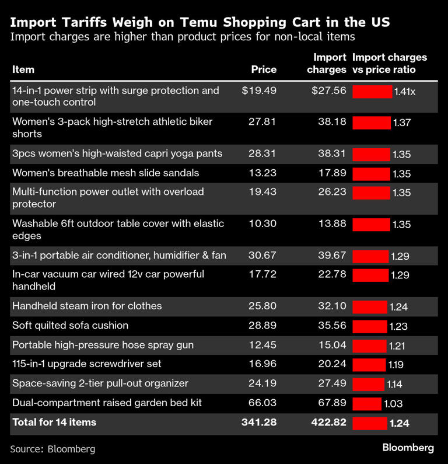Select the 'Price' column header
[x=264, y=69]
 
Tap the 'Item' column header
[x=23, y=69]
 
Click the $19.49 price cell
[x=259, y=90]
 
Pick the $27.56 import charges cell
[x=329, y=90]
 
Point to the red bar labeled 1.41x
[x=372, y=92]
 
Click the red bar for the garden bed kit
[x=367, y=403]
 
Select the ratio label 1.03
[x=393, y=404]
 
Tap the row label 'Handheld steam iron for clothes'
[x=87, y=306]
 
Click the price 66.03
[x=264, y=403]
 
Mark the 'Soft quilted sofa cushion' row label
[x=70, y=325]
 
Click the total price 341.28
[x=259, y=422]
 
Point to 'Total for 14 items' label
[x=54, y=422]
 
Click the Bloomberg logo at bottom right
[x=408, y=448]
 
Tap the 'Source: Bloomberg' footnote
[x=52, y=449]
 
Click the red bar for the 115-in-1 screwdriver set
[x=369, y=365]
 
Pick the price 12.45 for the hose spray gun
[x=264, y=345]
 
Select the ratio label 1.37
[x=402, y=123]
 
